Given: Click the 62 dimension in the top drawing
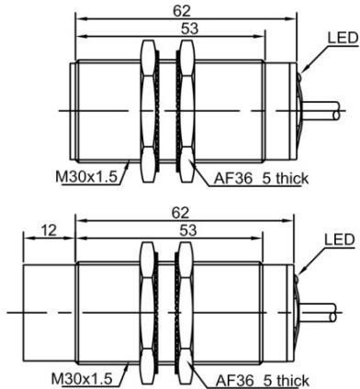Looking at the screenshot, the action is (182, 11).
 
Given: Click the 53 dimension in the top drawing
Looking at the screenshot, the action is (189, 29).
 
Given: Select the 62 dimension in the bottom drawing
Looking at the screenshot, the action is (181, 213).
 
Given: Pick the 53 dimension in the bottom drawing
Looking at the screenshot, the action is (188, 230).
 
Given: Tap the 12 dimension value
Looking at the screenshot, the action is (50, 230).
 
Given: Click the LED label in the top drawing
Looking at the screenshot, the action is (343, 38).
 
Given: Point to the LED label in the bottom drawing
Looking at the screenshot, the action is (340, 239).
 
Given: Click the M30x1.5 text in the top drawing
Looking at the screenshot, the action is (86, 177).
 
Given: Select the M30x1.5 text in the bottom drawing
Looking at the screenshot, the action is (82, 379).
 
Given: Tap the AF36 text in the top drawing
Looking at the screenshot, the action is (233, 179).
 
